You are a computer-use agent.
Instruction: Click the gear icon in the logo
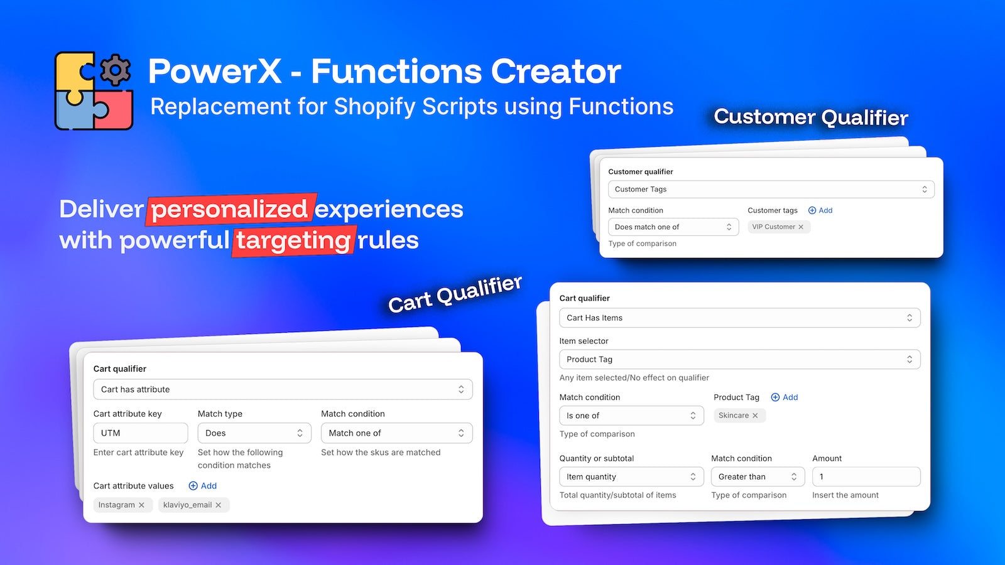point(115,70)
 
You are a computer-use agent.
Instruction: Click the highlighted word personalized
point(230,210)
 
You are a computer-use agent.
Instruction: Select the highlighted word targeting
point(293,240)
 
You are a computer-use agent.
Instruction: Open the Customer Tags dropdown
point(771,190)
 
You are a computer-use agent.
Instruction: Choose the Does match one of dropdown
point(673,227)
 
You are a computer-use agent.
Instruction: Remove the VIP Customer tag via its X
point(801,227)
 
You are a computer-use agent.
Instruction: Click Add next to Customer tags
point(820,210)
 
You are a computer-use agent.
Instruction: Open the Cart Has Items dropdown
point(739,318)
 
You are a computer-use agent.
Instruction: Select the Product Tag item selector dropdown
point(739,360)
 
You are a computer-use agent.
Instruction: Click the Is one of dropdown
point(631,416)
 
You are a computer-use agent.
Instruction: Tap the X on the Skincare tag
point(755,416)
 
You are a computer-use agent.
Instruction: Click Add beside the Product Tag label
point(785,397)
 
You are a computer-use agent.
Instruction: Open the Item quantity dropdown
point(631,477)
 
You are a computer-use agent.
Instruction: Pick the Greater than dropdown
point(757,477)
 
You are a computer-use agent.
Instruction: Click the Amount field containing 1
point(866,477)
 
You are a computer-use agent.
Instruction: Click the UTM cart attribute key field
point(140,433)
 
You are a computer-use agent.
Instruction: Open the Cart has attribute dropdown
point(283,390)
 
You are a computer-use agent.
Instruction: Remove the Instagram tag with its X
point(141,505)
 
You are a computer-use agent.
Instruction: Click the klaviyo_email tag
point(187,505)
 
